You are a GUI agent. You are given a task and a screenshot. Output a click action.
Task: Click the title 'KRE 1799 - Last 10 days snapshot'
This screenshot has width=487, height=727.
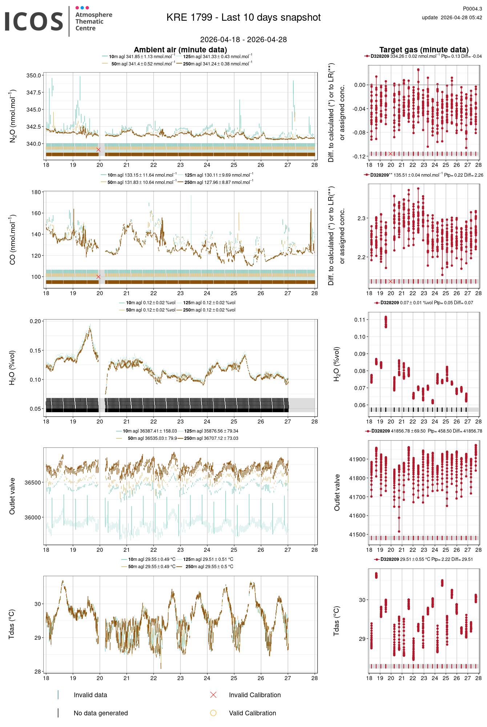point(243,17)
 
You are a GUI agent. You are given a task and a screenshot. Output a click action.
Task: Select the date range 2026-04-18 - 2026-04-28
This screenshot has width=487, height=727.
point(243,40)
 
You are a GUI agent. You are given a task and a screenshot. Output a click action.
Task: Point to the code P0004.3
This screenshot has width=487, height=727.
point(472,9)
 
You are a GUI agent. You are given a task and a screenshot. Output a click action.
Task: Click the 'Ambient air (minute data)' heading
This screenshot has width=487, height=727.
point(180,50)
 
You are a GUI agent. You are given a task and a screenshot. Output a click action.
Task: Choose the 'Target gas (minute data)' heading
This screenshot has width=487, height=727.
point(424,50)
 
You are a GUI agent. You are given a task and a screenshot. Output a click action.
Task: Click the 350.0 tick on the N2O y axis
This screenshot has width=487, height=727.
point(34,76)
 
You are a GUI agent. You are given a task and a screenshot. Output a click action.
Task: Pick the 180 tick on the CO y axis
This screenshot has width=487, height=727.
point(36,192)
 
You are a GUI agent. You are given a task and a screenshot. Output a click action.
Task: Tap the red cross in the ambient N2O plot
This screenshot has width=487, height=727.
point(98,150)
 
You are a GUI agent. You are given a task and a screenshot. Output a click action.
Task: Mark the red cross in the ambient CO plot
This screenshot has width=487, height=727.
point(98,277)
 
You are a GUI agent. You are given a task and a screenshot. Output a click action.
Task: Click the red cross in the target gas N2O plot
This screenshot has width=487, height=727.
point(391,154)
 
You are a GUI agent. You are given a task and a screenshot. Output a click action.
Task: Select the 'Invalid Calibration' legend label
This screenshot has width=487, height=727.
point(255,695)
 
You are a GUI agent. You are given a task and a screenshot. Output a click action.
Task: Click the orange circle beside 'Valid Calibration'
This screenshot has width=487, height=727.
point(213,713)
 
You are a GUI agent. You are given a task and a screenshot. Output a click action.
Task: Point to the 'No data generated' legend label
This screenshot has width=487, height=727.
point(101,713)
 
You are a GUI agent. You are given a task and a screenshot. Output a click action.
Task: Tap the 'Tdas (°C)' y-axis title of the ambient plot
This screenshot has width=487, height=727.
point(12,624)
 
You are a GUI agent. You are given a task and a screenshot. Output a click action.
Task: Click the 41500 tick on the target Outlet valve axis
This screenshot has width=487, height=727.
point(357,535)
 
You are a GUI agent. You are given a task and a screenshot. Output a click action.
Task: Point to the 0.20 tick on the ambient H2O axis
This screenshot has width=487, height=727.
point(36,321)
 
